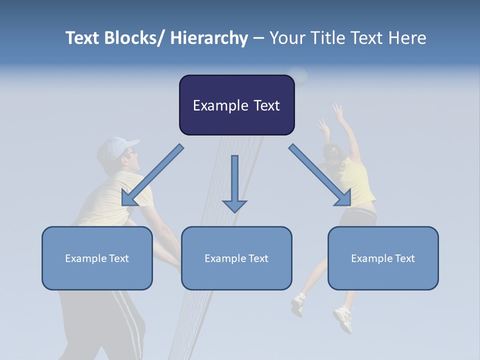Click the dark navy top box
(x=236, y=105)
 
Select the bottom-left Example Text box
(x=97, y=258)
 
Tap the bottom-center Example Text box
(x=236, y=258)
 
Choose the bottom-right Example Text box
(x=383, y=258)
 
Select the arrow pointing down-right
(x=320, y=175)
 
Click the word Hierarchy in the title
(x=208, y=38)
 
